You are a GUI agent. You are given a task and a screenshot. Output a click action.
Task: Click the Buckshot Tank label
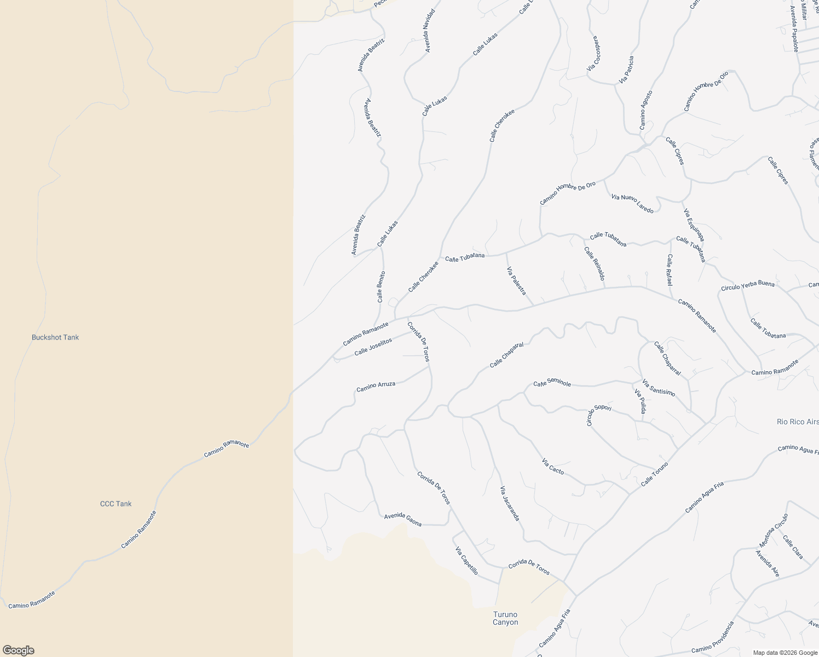[55, 337]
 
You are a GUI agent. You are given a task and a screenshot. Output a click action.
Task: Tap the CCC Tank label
[116, 504]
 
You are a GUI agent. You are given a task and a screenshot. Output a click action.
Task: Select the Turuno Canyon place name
[505, 618]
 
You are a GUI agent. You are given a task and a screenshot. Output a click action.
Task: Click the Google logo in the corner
[18, 650]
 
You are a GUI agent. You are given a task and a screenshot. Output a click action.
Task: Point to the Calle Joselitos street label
[373, 347]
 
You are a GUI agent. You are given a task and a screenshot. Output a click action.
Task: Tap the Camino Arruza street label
[376, 387]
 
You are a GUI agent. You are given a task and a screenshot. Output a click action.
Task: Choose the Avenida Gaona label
[403, 520]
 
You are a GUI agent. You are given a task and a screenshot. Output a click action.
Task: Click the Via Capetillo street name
[466, 561]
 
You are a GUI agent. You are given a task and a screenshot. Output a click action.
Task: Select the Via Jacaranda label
[509, 503]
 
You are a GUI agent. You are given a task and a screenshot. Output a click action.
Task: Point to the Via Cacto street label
[552, 466]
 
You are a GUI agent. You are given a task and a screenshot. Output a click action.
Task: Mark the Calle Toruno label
[654, 474]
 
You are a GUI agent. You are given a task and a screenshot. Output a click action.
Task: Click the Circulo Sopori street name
[598, 415]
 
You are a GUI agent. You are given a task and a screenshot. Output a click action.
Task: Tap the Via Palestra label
[516, 281]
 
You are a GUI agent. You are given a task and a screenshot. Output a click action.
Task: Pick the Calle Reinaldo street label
[594, 264]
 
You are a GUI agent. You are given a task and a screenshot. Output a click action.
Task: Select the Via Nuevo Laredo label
[632, 203]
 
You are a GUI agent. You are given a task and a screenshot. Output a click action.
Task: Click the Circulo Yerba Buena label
[747, 286]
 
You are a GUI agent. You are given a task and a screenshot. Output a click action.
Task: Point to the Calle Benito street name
[380, 287]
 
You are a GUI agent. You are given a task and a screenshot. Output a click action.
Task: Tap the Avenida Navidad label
[430, 31]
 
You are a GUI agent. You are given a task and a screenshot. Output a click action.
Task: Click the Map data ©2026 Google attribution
[785, 652]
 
